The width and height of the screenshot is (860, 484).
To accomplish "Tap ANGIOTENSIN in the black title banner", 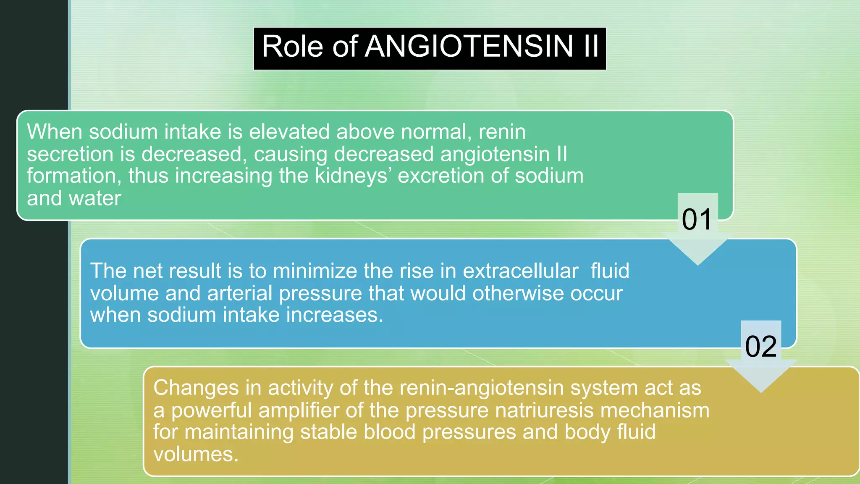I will [469, 46].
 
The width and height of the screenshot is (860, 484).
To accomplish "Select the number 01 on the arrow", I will [697, 219].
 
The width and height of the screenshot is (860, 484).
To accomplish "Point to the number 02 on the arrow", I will [760, 347].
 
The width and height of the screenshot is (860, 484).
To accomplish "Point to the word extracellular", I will [521, 271].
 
